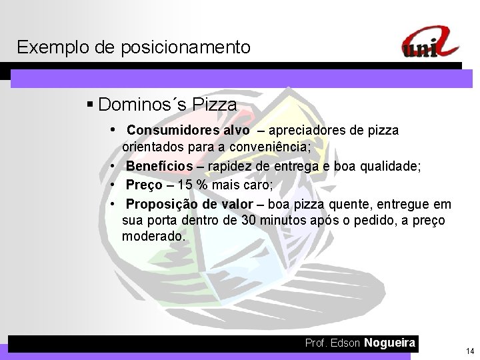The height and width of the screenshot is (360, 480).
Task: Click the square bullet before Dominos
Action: click(x=90, y=105)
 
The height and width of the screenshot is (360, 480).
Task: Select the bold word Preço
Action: click(x=145, y=185)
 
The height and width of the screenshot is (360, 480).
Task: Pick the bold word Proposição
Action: click(x=161, y=203)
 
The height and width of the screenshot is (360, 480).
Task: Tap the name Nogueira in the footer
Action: click(x=391, y=343)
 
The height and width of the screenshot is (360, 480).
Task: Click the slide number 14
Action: click(x=470, y=351)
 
